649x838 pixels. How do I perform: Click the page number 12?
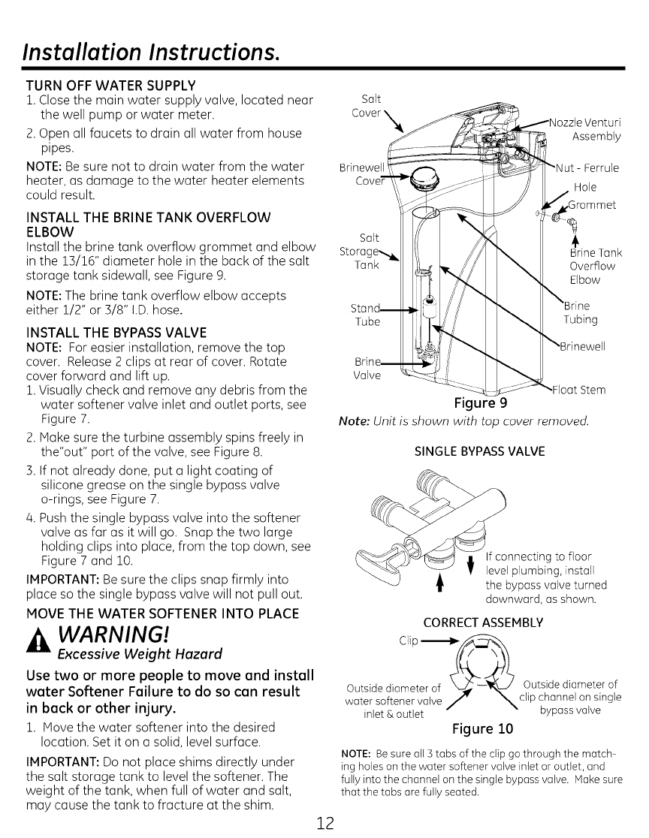(x=324, y=819)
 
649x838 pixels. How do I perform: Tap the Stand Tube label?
(x=366, y=315)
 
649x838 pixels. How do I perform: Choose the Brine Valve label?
(x=367, y=369)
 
